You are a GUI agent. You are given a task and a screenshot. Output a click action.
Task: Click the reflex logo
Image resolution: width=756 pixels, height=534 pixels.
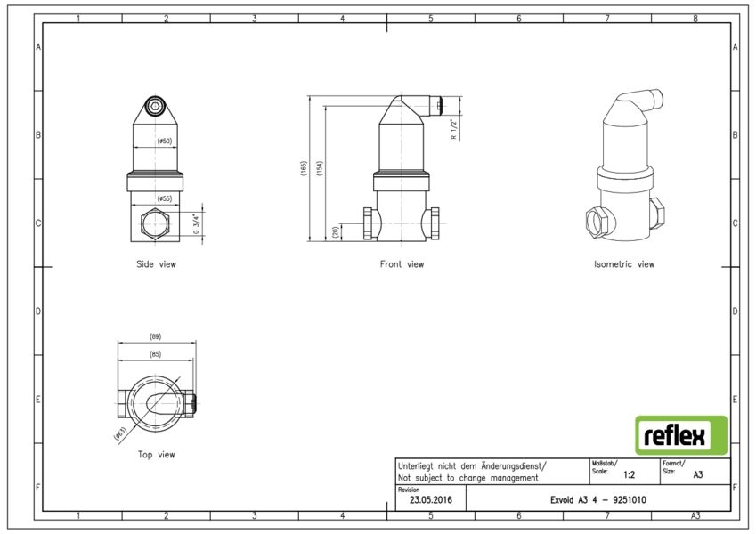point(681,435)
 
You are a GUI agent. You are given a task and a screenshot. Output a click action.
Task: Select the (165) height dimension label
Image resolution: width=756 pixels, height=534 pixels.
point(304,169)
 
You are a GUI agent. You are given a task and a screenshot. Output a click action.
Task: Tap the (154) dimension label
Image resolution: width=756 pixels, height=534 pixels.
point(320,169)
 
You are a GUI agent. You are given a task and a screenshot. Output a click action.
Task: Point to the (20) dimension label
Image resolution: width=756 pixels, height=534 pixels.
point(336,232)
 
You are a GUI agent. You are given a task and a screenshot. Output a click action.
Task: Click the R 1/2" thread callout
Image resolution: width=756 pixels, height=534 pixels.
point(453,129)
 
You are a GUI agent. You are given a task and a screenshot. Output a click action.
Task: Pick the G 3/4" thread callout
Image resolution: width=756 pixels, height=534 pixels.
point(196,223)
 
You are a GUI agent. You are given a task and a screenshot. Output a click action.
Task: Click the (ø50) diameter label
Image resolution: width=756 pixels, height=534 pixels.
point(165,142)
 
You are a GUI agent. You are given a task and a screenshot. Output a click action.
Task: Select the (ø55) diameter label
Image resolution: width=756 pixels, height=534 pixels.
point(165,198)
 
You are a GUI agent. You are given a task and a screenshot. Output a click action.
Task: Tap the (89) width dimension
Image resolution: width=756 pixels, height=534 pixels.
point(155,336)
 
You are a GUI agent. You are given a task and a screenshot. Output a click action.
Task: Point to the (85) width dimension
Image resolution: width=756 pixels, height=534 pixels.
point(155,354)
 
